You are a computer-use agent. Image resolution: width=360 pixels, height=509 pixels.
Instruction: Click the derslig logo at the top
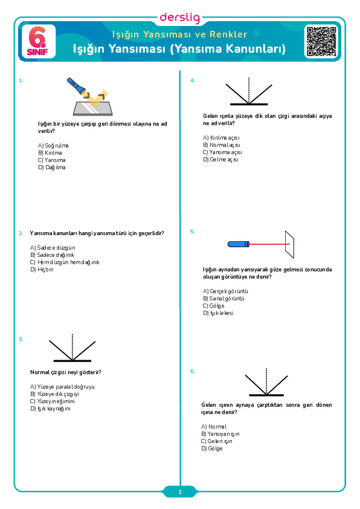click(x=180, y=18)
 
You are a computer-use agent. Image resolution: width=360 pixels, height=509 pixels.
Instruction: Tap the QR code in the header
click(x=321, y=41)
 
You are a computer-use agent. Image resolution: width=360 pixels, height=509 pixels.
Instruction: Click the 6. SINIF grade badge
click(x=38, y=41)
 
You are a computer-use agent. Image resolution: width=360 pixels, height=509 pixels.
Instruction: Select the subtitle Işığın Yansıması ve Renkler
click(x=179, y=34)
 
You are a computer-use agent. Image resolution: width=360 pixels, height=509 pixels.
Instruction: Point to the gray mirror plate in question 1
click(x=93, y=108)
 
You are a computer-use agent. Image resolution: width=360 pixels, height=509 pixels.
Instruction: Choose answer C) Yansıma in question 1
click(x=51, y=160)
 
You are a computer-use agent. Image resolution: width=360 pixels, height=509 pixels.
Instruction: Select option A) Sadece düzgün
click(x=53, y=248)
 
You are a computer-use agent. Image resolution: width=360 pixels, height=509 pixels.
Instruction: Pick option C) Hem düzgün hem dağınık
click(x=65, y=262)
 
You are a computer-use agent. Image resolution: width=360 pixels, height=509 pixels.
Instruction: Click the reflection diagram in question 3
click(x=72, y=348)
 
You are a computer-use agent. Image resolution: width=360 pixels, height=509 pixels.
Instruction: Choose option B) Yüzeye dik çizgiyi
click(x=54, y=394)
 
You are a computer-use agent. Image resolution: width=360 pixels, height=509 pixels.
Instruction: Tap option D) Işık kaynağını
click(x=50, y=409)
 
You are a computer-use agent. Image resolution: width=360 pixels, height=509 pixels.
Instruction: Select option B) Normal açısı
click(x=222, y=145)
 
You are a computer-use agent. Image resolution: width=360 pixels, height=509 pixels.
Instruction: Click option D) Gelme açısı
click(x=220, y=160)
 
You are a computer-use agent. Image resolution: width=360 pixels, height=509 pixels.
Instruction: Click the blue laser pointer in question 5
click(x=239, y=244)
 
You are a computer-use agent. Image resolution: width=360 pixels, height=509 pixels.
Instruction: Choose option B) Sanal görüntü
click(x=223, y=299)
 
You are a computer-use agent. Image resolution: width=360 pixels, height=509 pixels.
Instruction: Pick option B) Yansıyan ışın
click(x=220, y=434)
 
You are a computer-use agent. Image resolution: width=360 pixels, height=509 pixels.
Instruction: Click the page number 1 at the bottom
click(x=180, y=492)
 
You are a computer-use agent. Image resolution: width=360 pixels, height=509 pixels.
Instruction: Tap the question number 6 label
click(x=192, y=371)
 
